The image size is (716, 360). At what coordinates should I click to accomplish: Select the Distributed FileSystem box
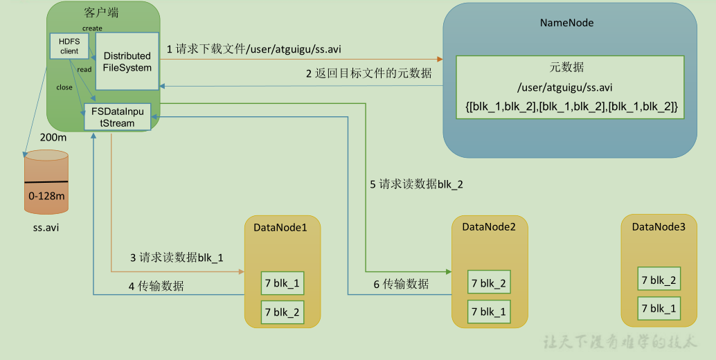(x=127, y=61)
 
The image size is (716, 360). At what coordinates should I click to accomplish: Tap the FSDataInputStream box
(x=118, y=117)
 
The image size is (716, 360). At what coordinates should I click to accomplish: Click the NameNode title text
(x=566, y=23)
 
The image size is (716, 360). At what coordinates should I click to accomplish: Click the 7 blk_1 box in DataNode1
(x=283, y=283)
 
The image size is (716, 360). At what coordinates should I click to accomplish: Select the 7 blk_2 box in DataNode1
(x=283, y=312)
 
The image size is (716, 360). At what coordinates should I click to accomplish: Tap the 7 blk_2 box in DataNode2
(x=488, y=282)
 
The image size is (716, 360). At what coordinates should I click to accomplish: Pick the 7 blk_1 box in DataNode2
(x=488, y=312)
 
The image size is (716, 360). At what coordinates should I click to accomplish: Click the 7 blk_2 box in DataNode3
(x=659, y=280)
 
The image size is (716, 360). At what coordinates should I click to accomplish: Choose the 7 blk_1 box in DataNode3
(x=659, y=307)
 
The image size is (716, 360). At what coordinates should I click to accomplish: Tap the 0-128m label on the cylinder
(x=47, y=197)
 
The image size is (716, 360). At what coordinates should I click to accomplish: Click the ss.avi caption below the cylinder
(x=46, y=228)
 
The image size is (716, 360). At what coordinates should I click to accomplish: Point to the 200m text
(x=53, y=137)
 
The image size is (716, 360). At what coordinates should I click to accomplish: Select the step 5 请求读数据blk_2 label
(x=416, y=184)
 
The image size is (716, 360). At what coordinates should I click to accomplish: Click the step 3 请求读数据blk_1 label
(x=177, y=258)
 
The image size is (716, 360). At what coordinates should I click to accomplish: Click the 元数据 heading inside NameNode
(x=566, y=68)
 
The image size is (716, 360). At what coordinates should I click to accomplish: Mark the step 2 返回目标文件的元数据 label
(x=369, y=73)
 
